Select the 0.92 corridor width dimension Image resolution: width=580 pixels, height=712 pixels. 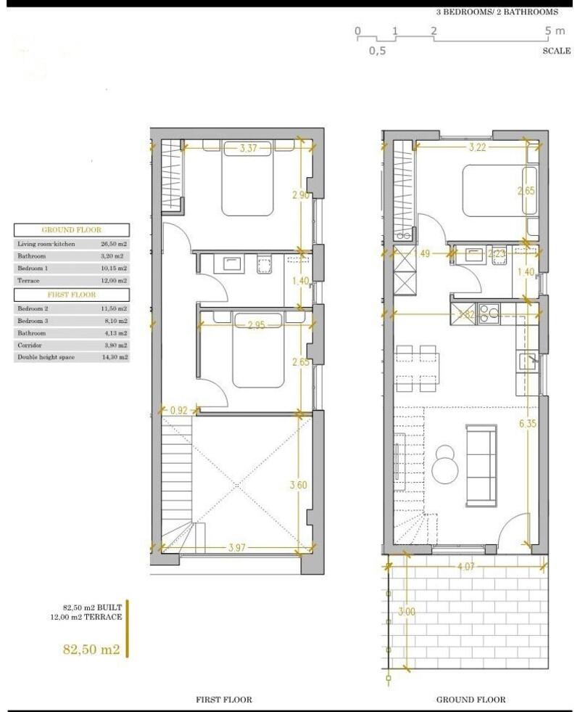(178, 411)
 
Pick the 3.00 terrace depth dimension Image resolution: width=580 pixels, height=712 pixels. (407, 612)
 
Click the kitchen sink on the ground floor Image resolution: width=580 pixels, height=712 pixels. (527, 359)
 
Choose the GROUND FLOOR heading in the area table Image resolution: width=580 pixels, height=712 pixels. (71, 230)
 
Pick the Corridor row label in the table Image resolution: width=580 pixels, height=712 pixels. (29, 345)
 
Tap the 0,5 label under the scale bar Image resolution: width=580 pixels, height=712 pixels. (377, 51)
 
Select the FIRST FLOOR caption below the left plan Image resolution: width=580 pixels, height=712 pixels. (224, 700)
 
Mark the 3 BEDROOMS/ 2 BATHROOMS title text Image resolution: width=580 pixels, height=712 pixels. (497, 12)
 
